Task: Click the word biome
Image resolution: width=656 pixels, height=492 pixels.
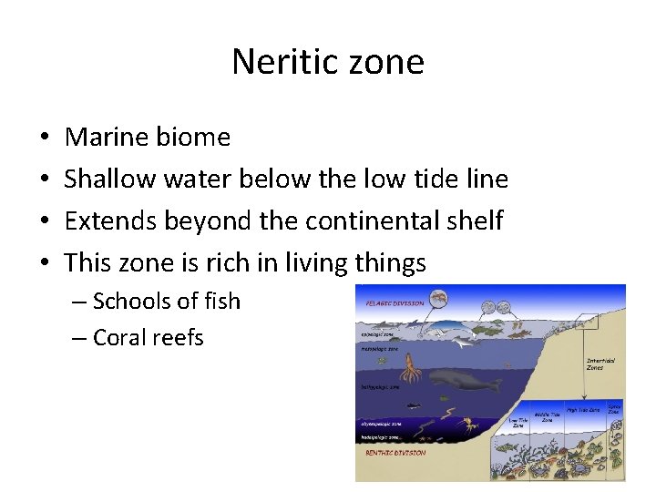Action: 194,138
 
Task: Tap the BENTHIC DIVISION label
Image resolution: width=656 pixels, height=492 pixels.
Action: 395,453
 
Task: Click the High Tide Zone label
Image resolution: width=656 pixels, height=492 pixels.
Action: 582,410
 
